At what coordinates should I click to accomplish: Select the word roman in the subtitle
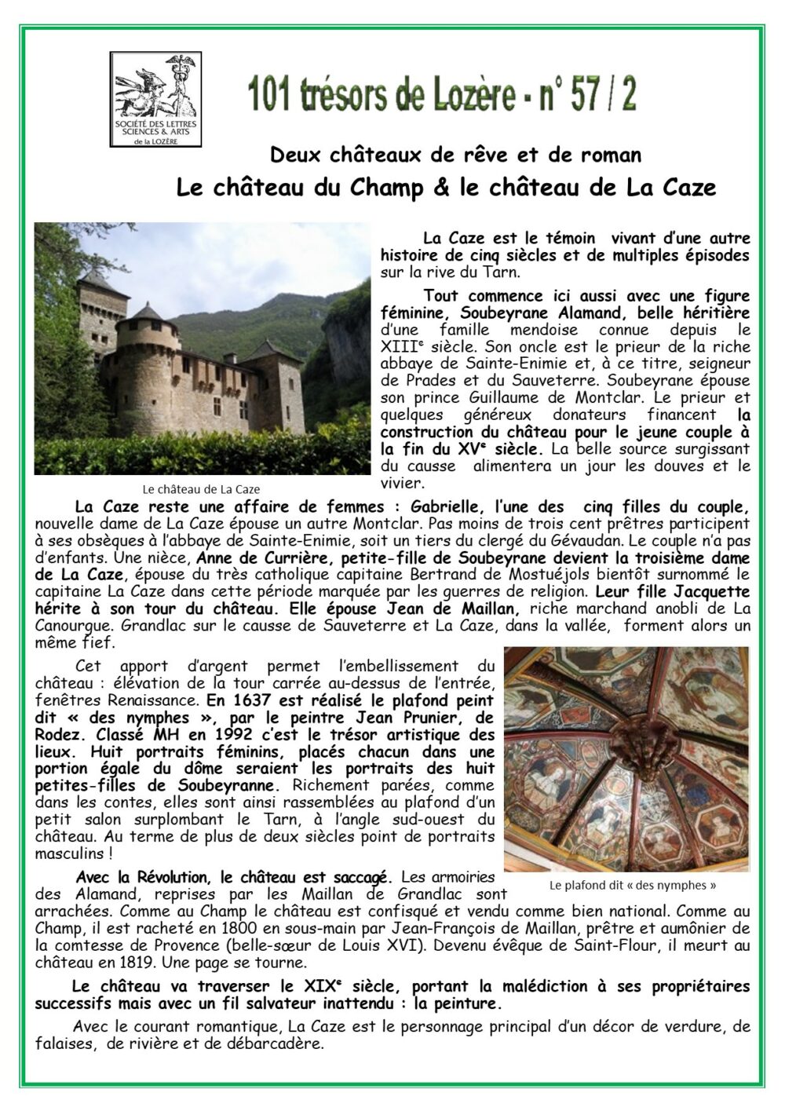[613, 155]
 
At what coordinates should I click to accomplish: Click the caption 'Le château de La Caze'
[201, 489]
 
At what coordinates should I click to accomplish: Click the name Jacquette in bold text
[713, 591]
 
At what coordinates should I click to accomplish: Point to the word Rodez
[57, 735]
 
